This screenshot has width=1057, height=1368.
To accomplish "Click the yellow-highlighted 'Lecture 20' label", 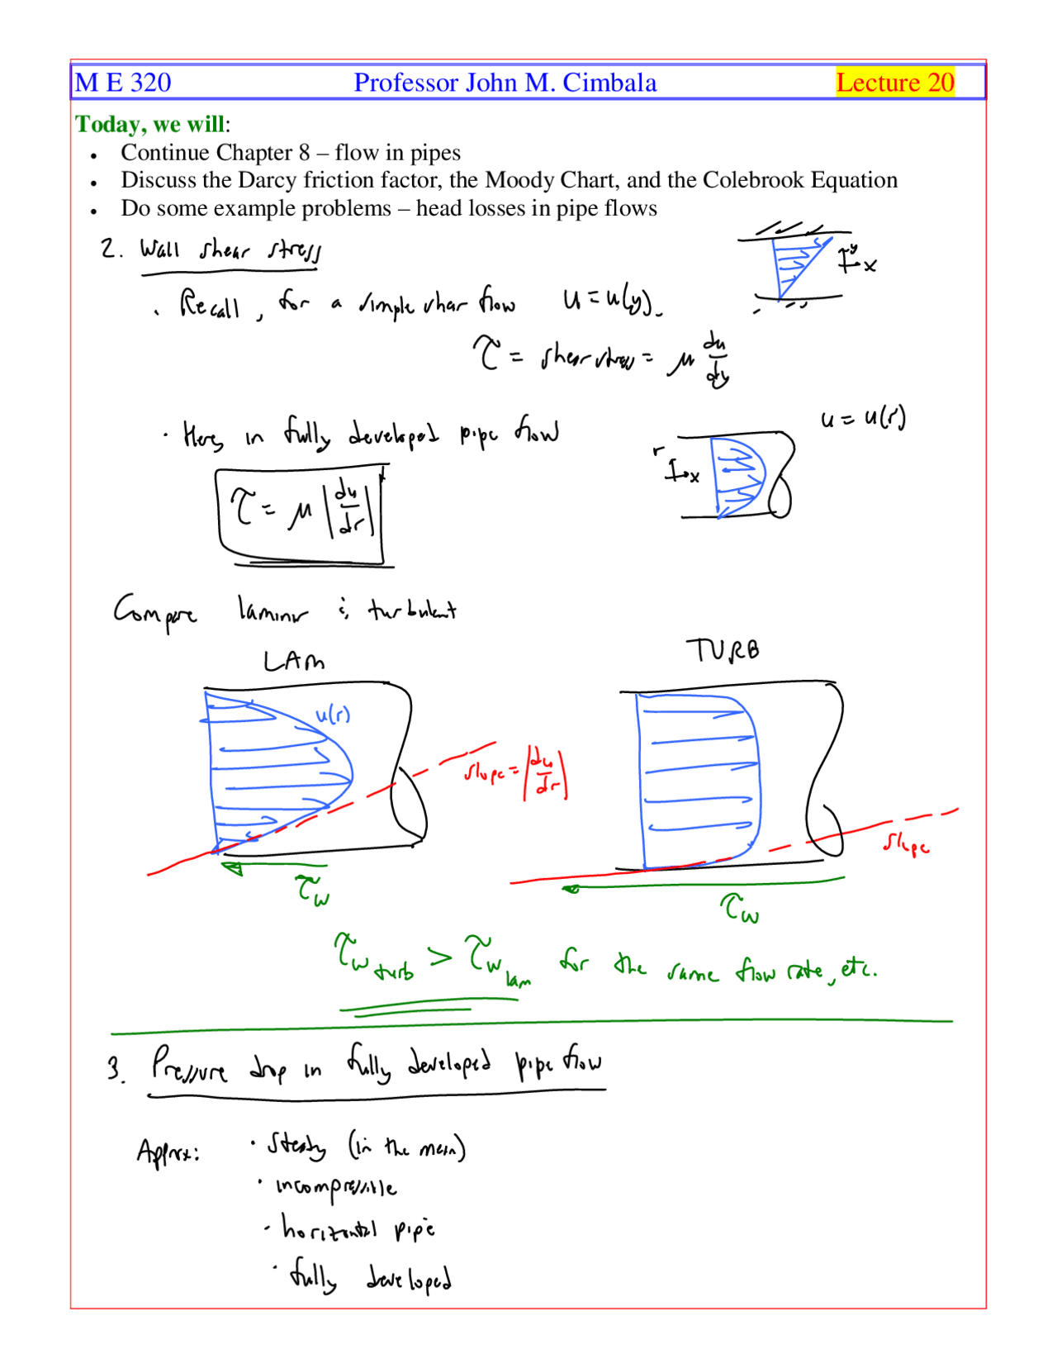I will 895,83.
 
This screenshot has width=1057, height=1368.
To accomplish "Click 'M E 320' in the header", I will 123,83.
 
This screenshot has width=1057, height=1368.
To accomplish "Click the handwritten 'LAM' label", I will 293,662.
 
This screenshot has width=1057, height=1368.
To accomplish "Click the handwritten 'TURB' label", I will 723,650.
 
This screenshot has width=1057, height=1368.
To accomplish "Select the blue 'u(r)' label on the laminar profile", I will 333,715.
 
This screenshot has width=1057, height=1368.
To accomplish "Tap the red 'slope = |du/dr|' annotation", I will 516,774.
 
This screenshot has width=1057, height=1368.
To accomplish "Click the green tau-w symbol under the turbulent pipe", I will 740,909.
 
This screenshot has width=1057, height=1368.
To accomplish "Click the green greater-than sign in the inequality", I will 440,957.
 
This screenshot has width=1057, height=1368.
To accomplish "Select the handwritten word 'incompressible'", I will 336,1187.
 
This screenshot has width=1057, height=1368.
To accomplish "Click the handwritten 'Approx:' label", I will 168,1151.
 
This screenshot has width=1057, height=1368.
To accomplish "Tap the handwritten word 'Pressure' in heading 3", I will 189,1066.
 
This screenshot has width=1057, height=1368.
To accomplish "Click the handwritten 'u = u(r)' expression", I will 863,419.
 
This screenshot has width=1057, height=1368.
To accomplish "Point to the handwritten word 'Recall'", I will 210,305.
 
